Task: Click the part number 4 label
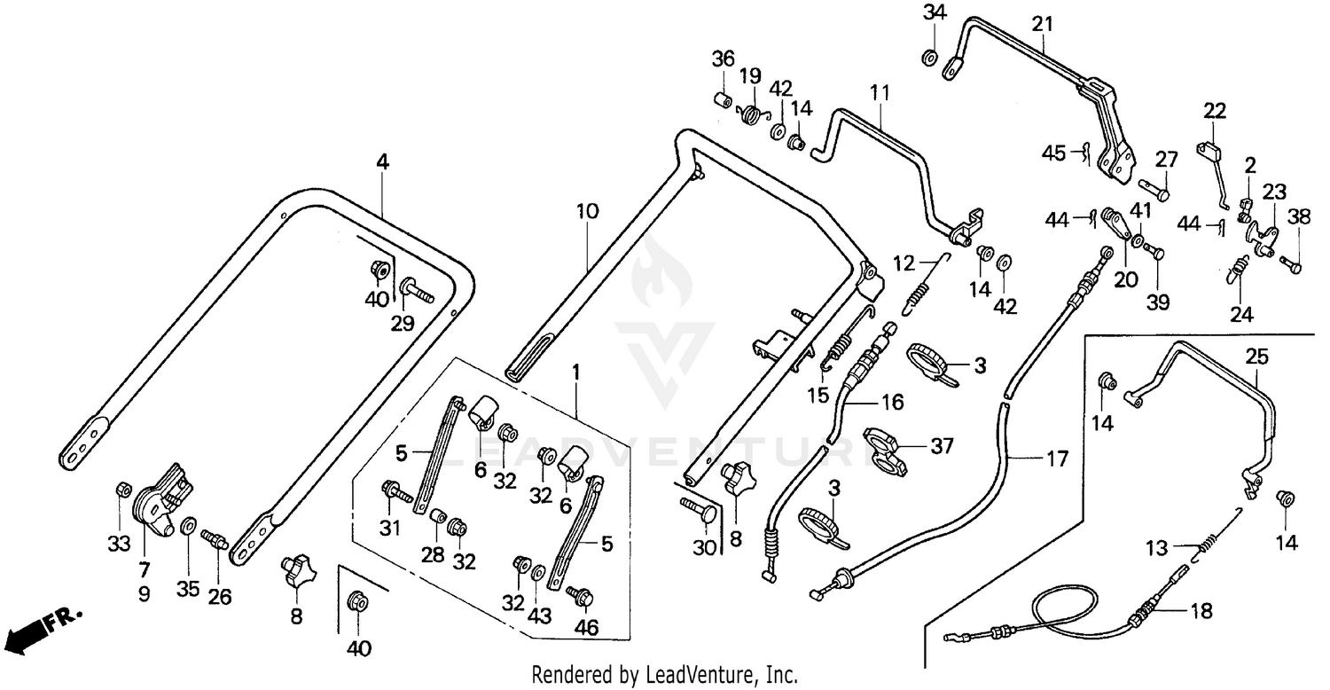coord(382,162)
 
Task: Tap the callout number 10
coord(587,212)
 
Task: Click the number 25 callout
coord(1256,357)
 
